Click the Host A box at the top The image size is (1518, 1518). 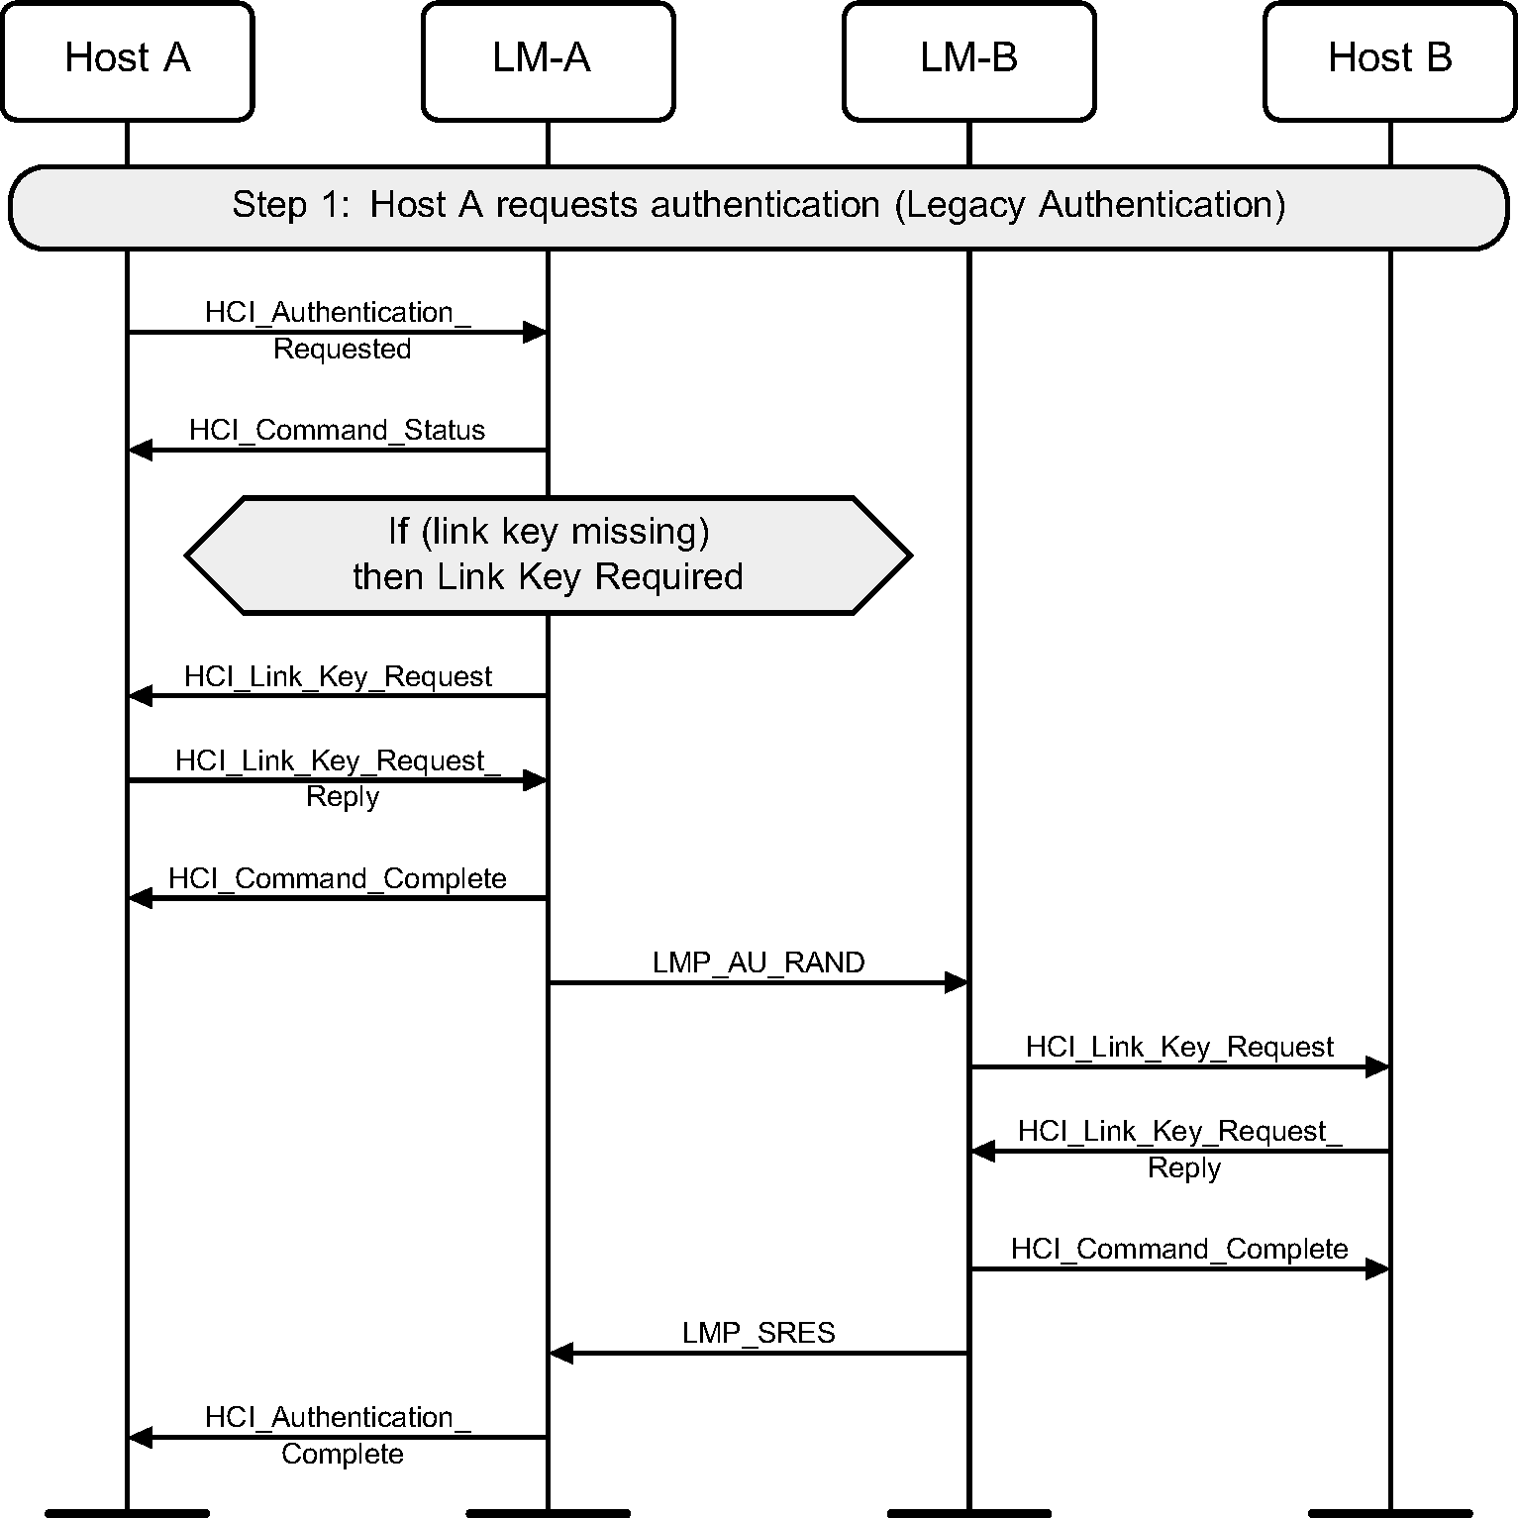click(127, 60)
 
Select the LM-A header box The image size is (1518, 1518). click(548, 60)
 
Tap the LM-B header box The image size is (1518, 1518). click(968, 60)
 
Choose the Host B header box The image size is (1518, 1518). click(1389, 60)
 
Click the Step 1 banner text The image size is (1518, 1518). click(759, 205)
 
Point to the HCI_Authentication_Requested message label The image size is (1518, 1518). click(338, 330)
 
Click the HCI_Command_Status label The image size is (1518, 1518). click(338, 430)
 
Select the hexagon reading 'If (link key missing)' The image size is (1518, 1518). click(548, 555)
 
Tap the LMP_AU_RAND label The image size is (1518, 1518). click(759, 962)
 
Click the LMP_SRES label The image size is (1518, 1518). click(759, 1333)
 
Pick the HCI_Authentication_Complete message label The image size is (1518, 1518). click(338, 1435)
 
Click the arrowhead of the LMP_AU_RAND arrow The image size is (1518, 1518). click(957, 982)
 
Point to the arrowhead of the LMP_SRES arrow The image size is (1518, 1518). click(561, 1353)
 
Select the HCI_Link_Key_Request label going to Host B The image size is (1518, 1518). click(1179, 1047)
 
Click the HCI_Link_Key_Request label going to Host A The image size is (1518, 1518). click(338, 676)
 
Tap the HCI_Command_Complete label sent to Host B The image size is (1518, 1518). click(1179, 1249)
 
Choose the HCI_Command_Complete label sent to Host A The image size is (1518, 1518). click(338, 878)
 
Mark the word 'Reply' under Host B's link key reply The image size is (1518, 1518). click(1183, 1168)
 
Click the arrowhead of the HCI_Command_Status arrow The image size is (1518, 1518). click(141, 451)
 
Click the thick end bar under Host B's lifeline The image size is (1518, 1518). click(1389, 1512)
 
